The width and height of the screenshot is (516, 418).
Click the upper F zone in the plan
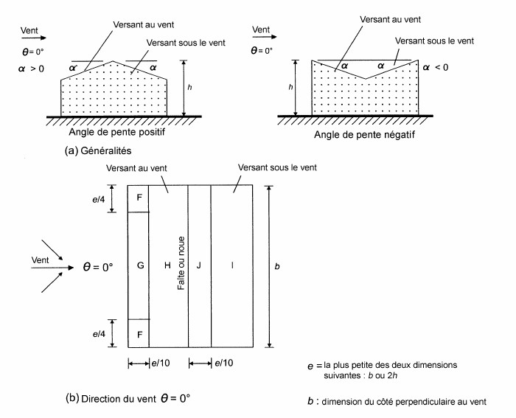[x=139, y=198]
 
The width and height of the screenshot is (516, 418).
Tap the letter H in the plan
[x=167, y=265]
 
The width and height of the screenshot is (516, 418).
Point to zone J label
[x=198, y=265]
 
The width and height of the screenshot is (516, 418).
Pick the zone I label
[x=232, y=265]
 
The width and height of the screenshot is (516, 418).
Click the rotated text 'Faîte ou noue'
[x=181, y=263]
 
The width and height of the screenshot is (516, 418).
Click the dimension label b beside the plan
[x=277, y=266]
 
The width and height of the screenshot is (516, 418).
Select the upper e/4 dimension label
[x=99, y=199]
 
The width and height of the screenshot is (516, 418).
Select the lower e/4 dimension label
[x=99, y=334]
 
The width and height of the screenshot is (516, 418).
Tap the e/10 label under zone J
[x=224, y=363]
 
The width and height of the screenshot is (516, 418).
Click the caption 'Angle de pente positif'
[x=116, y=132]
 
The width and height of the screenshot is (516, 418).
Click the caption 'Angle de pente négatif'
[x=364, y=135]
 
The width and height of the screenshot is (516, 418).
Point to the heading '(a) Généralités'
[x=98, y=150]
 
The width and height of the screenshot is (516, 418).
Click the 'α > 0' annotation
[x=31, y=69]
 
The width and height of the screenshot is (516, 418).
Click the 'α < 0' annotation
[x=436, y=68]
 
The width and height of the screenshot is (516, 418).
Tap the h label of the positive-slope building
[x=189, y=87]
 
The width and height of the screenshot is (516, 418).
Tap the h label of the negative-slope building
[x=290, y=87]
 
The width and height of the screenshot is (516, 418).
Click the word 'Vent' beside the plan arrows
[x=40, y=260]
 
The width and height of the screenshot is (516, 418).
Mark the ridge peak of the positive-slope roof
[x=113, y=61]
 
